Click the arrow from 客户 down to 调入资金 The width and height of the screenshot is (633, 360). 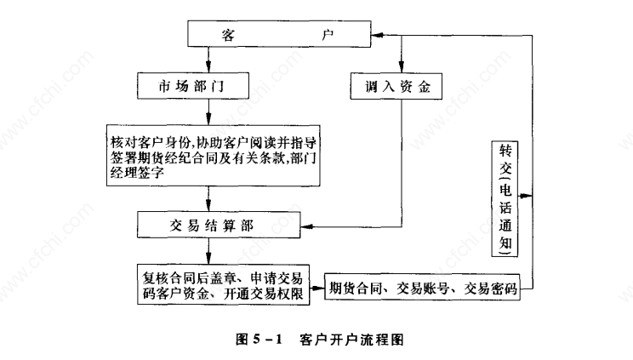point(399,60)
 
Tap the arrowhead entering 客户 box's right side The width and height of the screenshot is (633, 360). point(379,35)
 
